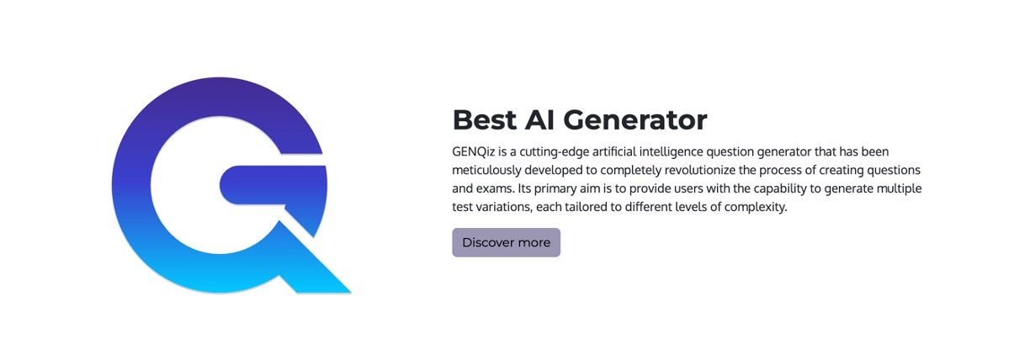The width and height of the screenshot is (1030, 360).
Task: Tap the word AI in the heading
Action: click(x=540, y=120)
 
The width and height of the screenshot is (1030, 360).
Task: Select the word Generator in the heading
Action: click(x=635, y=120)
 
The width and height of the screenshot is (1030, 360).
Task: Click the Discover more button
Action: click(x=507, y=242)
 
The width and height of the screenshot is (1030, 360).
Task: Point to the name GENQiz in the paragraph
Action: click(x=474, y=151)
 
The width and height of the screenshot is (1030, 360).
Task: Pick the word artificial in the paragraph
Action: click(x=614, y=151)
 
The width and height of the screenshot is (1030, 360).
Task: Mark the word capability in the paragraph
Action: click(x=780, y=189)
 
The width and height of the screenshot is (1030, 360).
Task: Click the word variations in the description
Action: click(x=504, y=208)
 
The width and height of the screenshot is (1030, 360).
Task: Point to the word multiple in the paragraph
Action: click(x=900, y=189)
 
